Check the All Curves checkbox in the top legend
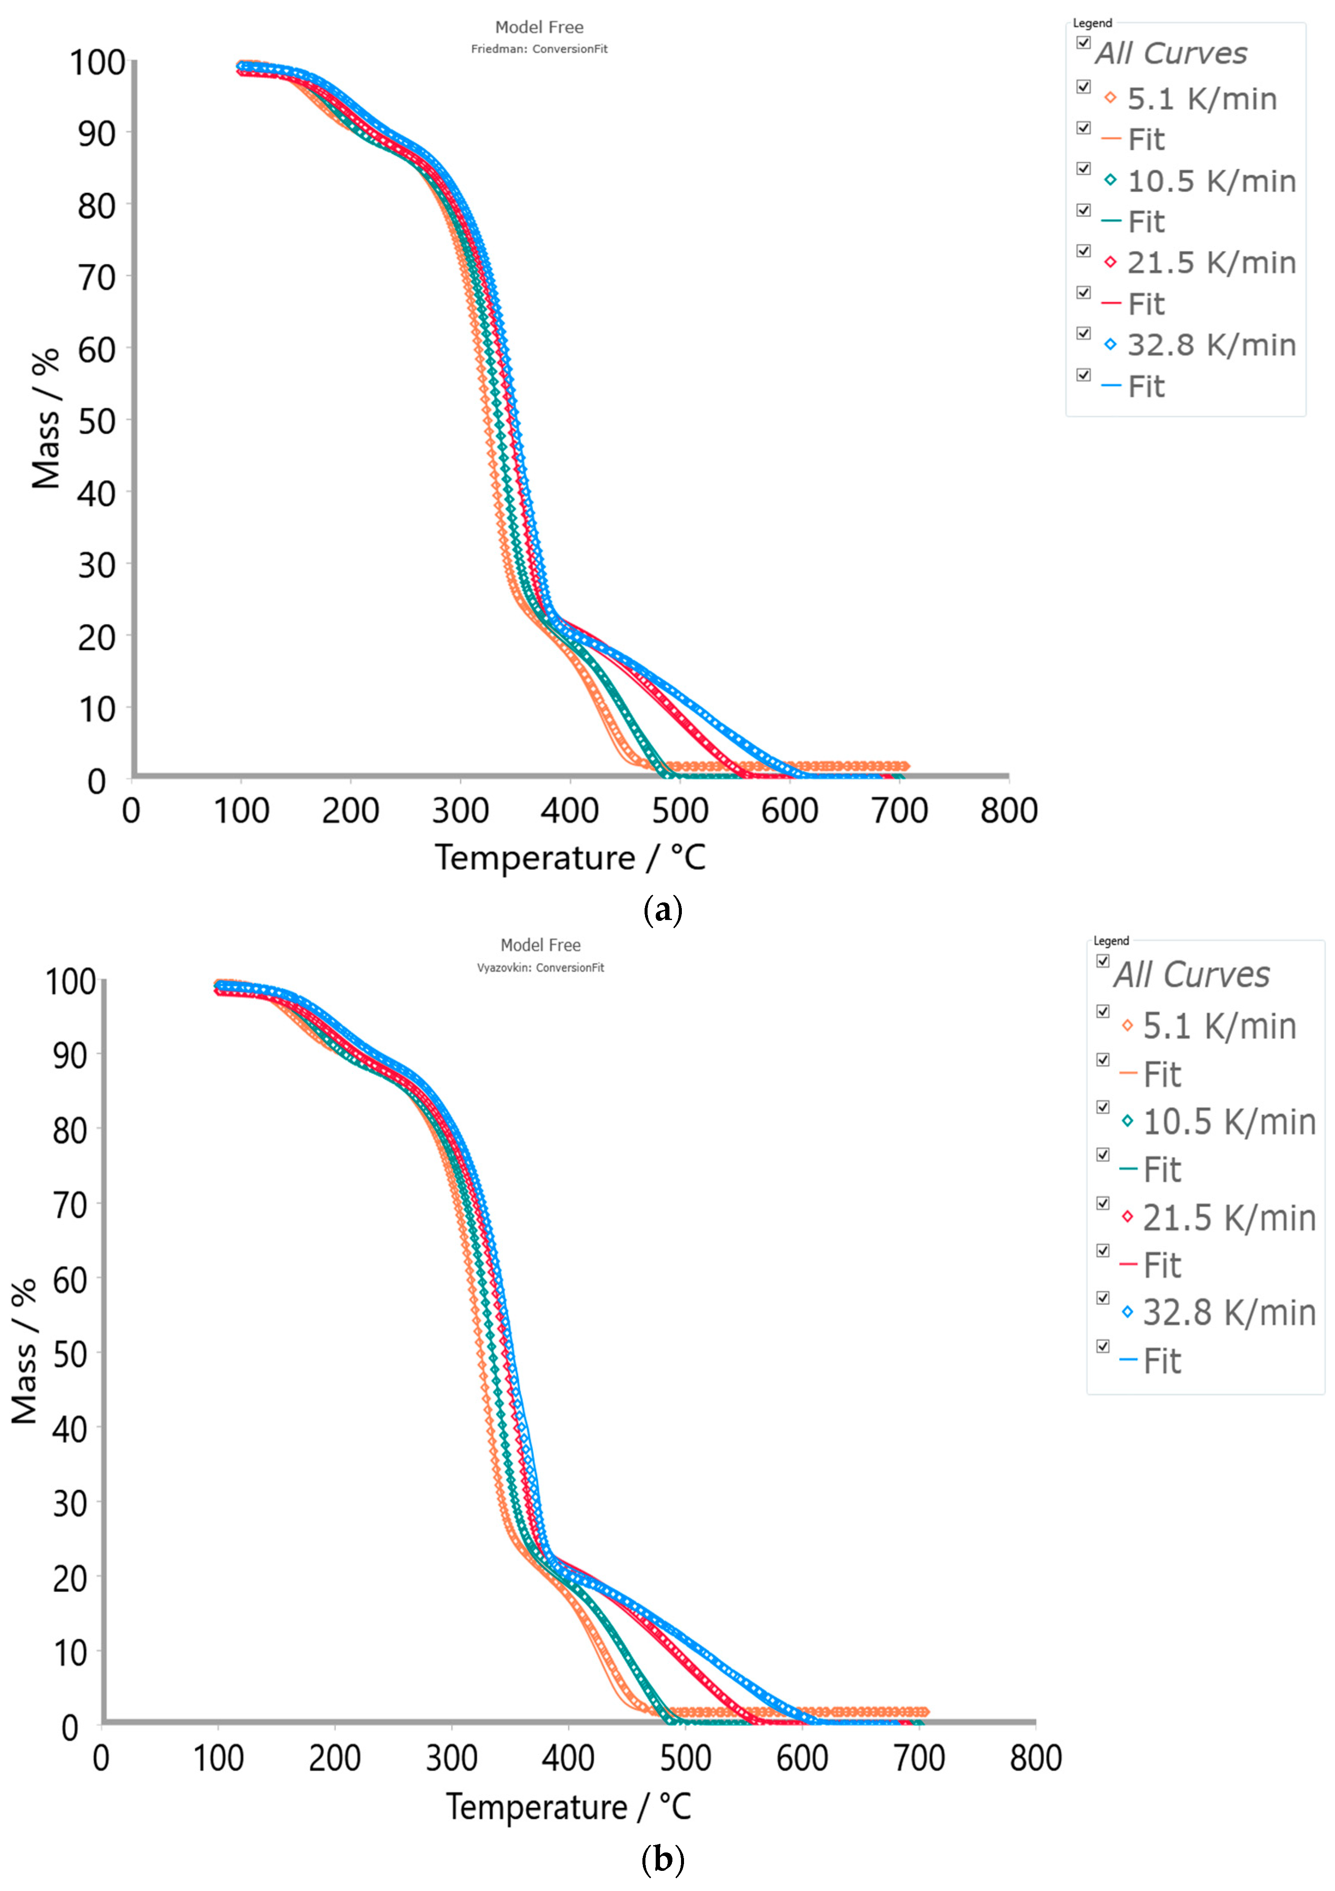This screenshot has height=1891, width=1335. [1084, 43]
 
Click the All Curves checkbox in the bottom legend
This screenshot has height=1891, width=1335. [1103, 961]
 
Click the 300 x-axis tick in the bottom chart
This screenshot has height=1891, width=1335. [451, 1759]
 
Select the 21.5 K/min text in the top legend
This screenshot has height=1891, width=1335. [1211, 263]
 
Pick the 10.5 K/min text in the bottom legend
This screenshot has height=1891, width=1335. [1229, 1122]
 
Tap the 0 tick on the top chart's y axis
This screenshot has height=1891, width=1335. [97, 781]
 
